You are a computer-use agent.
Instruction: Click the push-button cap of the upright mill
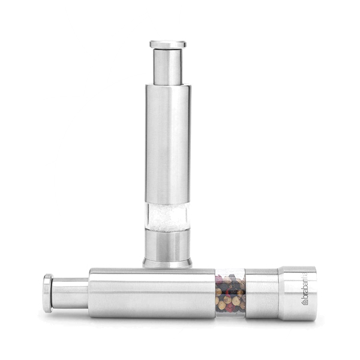pos(168,44)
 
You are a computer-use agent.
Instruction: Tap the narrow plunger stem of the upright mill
pos(168,67)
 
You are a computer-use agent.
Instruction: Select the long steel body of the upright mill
pos(168,144)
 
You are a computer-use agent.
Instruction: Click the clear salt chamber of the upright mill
pos(168,217)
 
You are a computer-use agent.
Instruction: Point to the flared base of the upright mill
pos(167,263)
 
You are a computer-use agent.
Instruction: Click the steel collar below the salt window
pos(167,245)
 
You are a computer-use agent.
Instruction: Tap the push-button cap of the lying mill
pos(48,293)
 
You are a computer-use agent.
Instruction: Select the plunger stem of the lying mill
pos(70,293)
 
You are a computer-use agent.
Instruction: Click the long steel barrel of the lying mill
pos(152,293)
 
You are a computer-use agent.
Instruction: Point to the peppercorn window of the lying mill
pos(230,293)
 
